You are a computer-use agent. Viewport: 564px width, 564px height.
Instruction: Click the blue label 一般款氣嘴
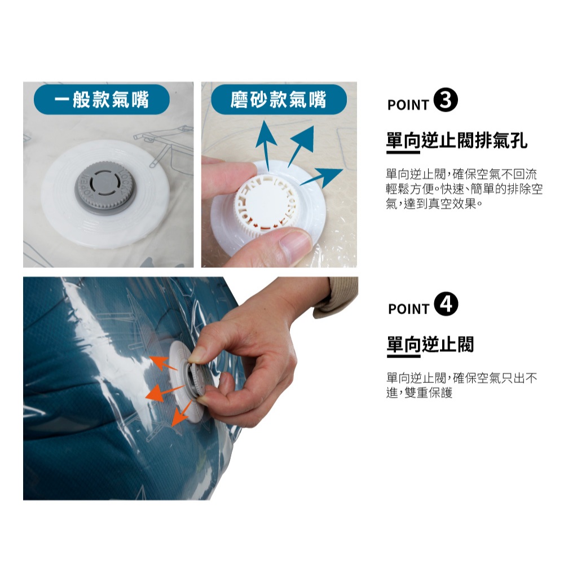pyautogui.click(x=102, y=100)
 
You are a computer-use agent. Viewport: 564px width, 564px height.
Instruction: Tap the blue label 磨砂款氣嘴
pyautogui.click(x=279, y=100)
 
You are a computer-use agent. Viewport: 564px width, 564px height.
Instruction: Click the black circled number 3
pyautogui.click(x=446, y=100)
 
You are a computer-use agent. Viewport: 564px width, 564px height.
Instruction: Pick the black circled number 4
pyautogui.click(x=446, y=304)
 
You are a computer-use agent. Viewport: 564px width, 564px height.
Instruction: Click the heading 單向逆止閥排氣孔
pyautogui.click(x=457, y=140)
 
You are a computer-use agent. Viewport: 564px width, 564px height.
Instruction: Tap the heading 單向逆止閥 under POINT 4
pyautogui.click(x=430, y=344)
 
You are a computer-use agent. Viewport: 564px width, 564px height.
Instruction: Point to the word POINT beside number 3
pyautogui.click(x=408, y=105)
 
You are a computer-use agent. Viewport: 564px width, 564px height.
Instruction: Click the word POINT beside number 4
pyautogui.click(x=408, y=309)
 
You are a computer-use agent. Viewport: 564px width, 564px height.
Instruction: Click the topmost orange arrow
pyautogui.click(x=164, y=363)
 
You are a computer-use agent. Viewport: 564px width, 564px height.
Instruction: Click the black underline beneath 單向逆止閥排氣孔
pyautogui.click(x=403, y=152)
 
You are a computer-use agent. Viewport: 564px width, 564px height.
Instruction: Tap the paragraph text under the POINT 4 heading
pyautogui.click(x=462, y=385)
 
